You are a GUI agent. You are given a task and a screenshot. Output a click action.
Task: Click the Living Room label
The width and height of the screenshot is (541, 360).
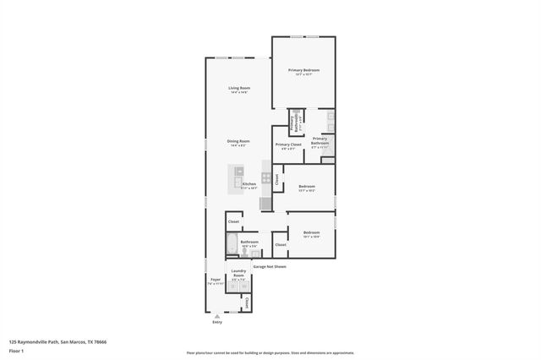tap(239, 88)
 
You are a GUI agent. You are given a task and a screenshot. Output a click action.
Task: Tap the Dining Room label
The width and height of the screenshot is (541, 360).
tap(238, 141)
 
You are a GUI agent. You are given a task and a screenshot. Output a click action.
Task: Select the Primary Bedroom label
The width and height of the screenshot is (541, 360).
tap(303, 70)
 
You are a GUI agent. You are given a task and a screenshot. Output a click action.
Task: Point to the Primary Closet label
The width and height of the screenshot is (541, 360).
tap(288, 145)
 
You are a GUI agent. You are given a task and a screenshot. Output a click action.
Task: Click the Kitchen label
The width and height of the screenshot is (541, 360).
tap(249, 183)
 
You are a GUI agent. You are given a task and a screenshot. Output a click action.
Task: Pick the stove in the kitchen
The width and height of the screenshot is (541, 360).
tap(266, 178)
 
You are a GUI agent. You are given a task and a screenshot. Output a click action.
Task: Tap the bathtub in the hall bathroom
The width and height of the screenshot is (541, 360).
tap(231, 246)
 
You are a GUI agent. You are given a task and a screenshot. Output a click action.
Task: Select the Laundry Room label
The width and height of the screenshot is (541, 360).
tap(239, 273)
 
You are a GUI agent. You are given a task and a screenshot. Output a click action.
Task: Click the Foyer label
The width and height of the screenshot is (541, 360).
tap(216, 279)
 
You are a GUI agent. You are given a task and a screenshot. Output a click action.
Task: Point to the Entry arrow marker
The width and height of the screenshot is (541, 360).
tap(217, 316)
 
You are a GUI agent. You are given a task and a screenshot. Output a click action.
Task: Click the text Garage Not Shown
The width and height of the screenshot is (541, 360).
tap(270, 266)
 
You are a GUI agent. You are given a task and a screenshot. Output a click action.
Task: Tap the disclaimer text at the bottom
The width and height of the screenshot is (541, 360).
tap(270, 353)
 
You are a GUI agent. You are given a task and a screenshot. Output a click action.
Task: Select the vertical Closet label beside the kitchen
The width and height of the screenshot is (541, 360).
tap(276, 178)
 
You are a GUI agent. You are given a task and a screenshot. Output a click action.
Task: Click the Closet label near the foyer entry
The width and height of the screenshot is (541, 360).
tap(246, 303)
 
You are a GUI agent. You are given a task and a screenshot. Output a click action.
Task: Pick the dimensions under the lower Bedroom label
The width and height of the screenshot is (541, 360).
tap(312, 237)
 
